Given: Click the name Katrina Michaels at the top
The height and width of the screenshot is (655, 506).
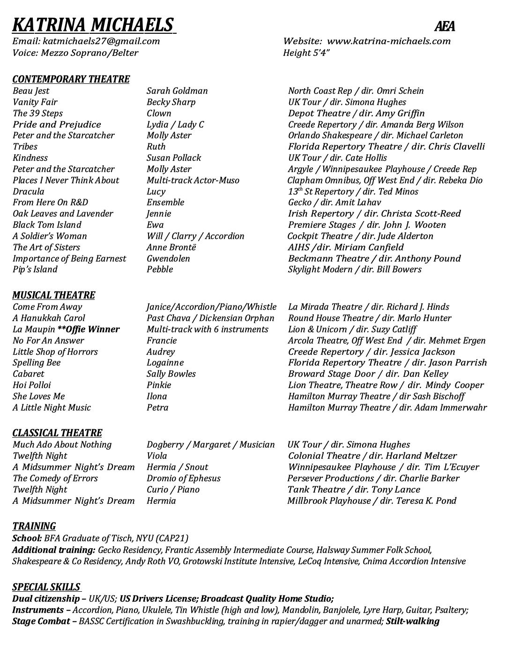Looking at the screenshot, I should click(x=93, y=25).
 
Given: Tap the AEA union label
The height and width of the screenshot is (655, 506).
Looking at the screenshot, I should click(x=445, y=27).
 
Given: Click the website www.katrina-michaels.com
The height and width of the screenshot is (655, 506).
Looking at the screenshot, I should click(x=389, y=41).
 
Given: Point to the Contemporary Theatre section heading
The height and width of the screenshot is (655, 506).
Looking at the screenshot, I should click(x=71, y=79).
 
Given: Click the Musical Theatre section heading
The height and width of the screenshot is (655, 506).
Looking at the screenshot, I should click(x=53, y=295).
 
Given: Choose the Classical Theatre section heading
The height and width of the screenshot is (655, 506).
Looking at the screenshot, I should click(x=57, y=433).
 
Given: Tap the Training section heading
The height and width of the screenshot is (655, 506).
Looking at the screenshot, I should click(x=34, y=526).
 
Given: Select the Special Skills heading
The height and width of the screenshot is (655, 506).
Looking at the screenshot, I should click(x=46, y=587).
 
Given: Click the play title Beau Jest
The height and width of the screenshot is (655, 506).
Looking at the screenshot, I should click(x=31, y=91).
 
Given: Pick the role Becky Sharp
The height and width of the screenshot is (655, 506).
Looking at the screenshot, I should click(x=171, y=102).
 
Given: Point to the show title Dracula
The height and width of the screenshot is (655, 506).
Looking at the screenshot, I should click(x=29, y=192).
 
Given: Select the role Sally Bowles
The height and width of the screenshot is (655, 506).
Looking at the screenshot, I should click(x=171, y=374).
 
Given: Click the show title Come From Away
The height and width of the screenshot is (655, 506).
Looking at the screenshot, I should click(x=47, y=307).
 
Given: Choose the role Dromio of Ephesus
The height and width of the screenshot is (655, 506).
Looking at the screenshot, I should click(x=183, y=478).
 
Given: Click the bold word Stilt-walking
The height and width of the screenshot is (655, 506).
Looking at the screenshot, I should click(x=413, y=621).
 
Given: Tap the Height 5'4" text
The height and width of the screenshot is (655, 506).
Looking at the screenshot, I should click(x=306, y=52).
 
